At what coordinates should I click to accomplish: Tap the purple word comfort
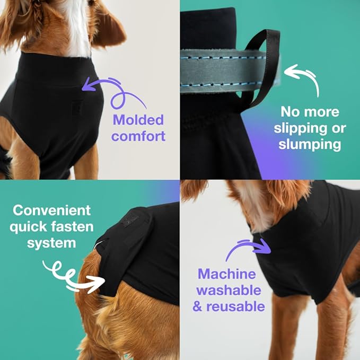pyautogui.click(x=138, y=136)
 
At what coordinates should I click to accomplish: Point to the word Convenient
pyautogui.click(x=52, y=210)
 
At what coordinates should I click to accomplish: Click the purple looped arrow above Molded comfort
pyautogui.click(x=118, y=93)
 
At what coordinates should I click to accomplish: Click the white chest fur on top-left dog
pyautogui.click(x=80, y=29)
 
